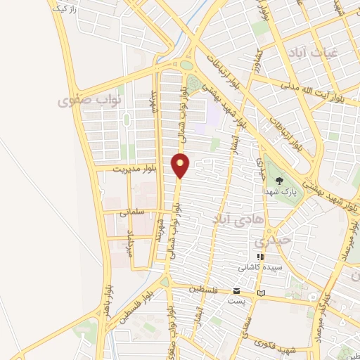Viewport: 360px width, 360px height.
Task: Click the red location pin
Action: coord(181,165)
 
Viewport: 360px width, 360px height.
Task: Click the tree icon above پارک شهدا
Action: coord(279,180)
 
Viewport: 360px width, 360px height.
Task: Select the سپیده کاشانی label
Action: coord(259,267)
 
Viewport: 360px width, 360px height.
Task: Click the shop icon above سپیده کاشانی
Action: coord(259,257)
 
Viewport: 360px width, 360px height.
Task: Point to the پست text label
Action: coord(236,301)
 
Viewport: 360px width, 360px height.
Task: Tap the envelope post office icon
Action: coord(236,291)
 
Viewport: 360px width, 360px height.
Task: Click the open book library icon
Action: coord(262,292)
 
